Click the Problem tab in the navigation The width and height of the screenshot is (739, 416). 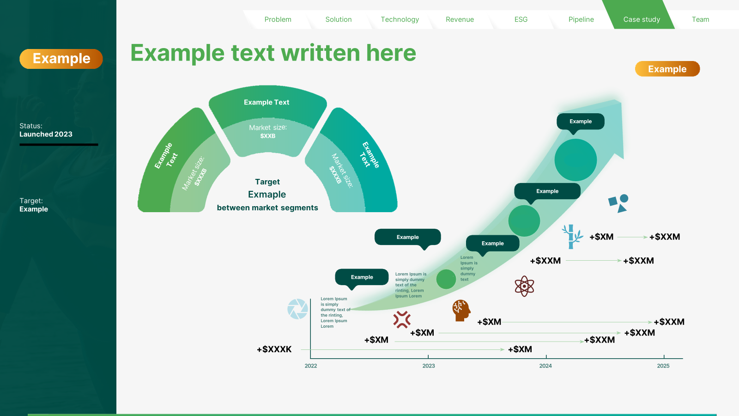(278, 19)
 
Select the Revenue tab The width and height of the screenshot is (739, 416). (460, 19)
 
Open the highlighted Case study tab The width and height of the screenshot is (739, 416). (642, 19)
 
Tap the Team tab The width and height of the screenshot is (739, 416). (700, 19)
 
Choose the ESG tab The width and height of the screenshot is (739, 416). (521, 19)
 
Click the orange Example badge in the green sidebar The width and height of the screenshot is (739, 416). (61, 59)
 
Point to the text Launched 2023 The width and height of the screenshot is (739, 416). (46, 134)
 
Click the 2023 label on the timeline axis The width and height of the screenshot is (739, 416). (429, 366)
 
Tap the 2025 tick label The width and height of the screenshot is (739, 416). (663, 366)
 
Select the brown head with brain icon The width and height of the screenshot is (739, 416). (461, 310)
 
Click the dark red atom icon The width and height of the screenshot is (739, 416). (524, 286)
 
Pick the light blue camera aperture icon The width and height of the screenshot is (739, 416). (297, 309)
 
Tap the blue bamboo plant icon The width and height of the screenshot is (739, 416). (572, 237)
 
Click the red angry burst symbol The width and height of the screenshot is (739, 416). (402, 319)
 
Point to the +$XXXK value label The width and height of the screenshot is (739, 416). (274, 349)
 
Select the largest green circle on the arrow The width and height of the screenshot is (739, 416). (575, 160)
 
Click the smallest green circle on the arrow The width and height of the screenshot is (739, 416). (446, 279)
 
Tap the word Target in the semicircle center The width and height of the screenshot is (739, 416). (267, 182)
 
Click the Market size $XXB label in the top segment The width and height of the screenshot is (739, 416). (268, 131)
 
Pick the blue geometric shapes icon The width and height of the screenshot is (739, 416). (618, 203)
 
